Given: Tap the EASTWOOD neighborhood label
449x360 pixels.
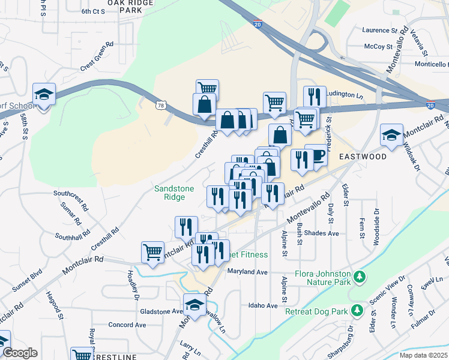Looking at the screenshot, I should (x=363, y=157).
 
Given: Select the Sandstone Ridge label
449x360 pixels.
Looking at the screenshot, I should (x=174, y=193).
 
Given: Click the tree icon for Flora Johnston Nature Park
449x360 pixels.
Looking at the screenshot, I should (x=360, y=277).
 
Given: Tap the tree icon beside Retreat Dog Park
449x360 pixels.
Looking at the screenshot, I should (x=357, y=310).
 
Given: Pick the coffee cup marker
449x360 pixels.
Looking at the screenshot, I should (x=316, y=155).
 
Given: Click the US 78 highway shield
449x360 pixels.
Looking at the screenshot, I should (x=161, y=106).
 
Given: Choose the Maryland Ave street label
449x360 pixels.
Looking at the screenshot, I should (x=247, y=272).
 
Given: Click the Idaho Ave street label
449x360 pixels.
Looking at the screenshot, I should (x=264, y=305).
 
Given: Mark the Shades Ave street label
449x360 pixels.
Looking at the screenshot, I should (x=322, y=233).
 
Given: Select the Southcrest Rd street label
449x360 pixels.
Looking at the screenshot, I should (x=71, y=194).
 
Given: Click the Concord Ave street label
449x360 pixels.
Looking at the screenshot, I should (x=127, y=325).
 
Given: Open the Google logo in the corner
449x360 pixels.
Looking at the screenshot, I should (x=20, y=353).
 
